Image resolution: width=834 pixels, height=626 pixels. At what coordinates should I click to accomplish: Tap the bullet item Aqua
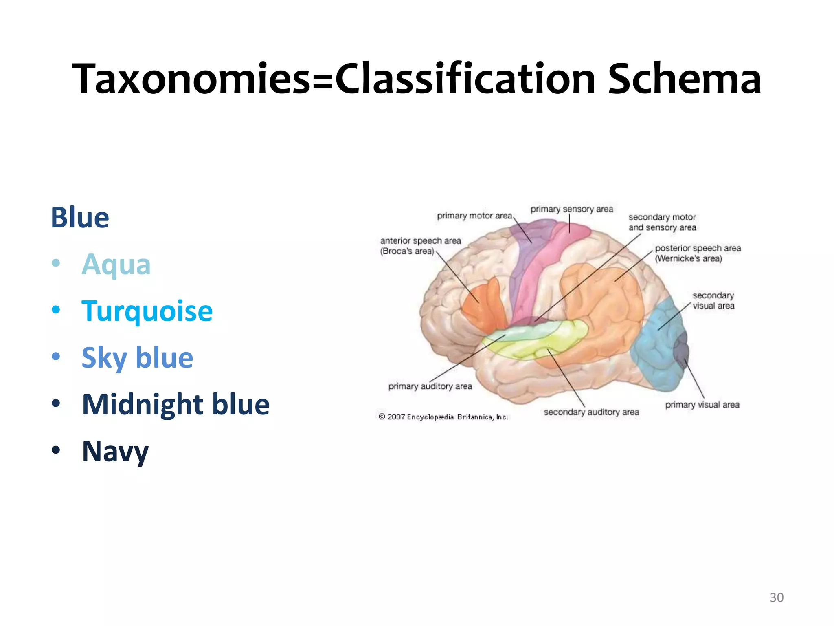tap(116, 264)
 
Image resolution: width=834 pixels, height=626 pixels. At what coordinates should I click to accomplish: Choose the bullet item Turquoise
tap(147, 311)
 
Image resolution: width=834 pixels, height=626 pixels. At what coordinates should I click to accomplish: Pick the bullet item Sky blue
tap(137, 358)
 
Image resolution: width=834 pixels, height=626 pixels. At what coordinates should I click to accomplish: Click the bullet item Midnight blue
tap(176, 404)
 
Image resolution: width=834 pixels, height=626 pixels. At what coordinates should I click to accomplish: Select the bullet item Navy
tap(115, 451)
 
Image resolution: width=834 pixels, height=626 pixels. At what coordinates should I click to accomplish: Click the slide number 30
tap(776, 597)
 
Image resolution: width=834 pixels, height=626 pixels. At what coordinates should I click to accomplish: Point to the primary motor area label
tap(474, 216)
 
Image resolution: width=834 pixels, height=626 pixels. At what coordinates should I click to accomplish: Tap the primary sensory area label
tap(571, 209)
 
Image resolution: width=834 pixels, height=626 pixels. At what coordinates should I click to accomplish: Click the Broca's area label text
tap(420, 246)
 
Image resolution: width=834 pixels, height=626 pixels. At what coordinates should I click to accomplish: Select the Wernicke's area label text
tap(697, 253)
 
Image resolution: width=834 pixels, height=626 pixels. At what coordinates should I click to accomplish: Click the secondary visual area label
tap(713, 300)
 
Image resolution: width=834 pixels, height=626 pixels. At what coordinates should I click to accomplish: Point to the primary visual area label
tap(702, 405)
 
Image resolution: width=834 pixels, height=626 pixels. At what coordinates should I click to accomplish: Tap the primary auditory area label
tap(430, 386)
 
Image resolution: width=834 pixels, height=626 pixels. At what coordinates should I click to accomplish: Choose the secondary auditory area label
tap(591, 412)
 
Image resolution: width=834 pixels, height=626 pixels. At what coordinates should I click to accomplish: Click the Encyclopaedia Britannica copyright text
tap(443, 417)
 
